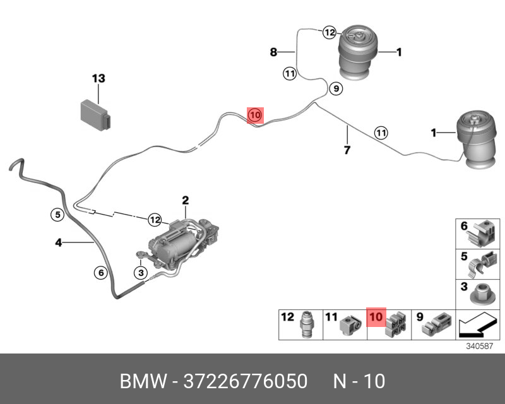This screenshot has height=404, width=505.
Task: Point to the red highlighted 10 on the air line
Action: click(x=254, y=115)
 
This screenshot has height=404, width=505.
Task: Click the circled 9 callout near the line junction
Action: click(x=336, y=89)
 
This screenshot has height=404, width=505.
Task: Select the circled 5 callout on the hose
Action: click(x=57, y=214)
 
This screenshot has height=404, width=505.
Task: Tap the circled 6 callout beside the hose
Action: click(x=100, y=273)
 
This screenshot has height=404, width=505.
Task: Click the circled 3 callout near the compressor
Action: click(x=141, y=272)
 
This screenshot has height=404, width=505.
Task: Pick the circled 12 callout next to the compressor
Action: click(x=155, y=219)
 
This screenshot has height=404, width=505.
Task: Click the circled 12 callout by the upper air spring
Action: click(x=329, y=32)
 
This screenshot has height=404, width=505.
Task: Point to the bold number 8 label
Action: click(x=273, y=52)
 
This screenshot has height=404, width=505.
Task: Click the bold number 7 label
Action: click(x=347, y=150)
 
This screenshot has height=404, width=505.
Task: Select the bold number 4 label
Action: click(x=58, y=242)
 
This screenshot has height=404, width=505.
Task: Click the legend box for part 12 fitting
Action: click(x=300, y=324)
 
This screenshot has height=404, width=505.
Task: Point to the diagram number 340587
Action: click(x=478, y=347)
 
